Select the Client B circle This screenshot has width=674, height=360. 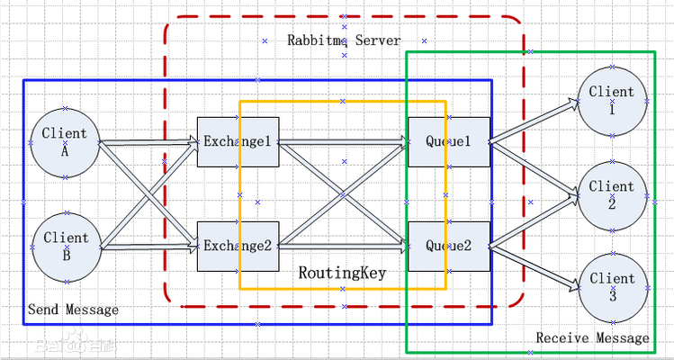click(65, 246)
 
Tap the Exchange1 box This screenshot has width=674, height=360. click(236, 142)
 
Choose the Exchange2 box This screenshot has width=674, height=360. click(236, 246)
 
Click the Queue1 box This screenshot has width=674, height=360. click(449, 142)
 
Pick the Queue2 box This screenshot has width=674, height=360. click(449, 246)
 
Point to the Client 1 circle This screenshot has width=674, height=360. click(612, 100)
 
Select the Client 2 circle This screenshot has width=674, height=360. click(612, 194)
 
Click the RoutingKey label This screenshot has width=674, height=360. click(342, 272)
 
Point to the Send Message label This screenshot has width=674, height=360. click(73, 310)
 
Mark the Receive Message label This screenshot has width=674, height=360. click(592, 338)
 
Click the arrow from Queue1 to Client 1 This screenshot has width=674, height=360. click(535, 121)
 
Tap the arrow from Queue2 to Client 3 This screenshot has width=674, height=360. click(535, 266)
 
